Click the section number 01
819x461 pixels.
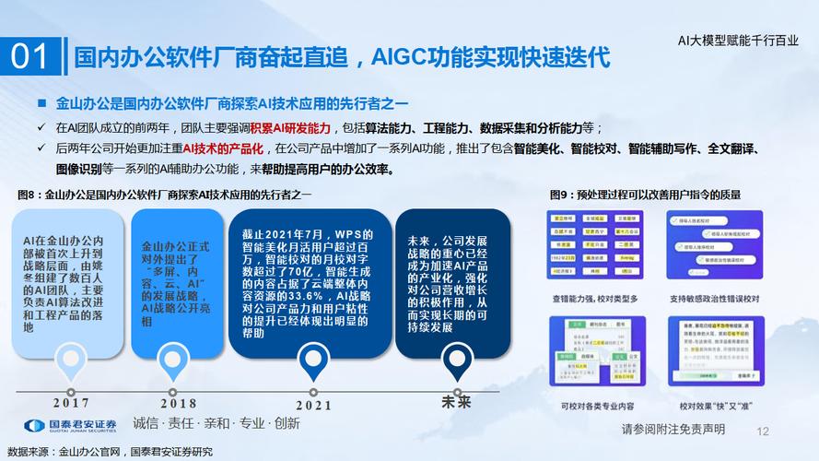pyautogui.click(x=31, y=57)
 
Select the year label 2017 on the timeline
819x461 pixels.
pyautogui.click(x=71, y=402)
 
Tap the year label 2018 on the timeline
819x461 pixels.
pyautogui.click(x=178, y=403)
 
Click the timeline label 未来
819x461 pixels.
pyautogui.click(x=456, y=402)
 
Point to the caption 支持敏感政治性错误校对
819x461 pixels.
pyautogui.click(x=720, y=299)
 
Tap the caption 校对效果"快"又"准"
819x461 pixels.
pyautogui.click(x=719, y=407)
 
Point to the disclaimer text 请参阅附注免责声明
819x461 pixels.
pyautogui.click(x=673, y=430)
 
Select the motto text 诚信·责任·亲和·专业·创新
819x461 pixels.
pyautogui.click(x=216, y=424)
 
